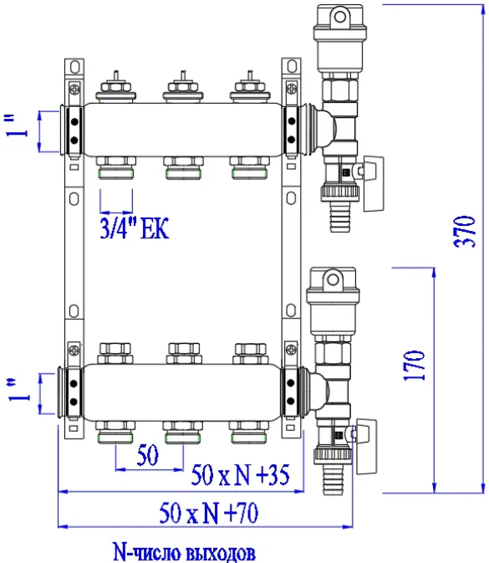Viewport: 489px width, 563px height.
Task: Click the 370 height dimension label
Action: pyautogui.click(x=465, y=232)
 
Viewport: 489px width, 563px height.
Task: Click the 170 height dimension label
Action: pyautogui.click(x=414, y=366)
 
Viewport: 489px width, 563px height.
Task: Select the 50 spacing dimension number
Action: pyautogui.click(x=147, y=455)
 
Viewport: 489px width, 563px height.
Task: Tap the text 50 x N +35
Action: pyautogui.click(x=240, y=474)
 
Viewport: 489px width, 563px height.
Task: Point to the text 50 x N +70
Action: pyautogui.click(x=208, y=513)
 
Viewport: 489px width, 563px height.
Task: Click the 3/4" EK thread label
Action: pyautogui.click(x=135, y=228)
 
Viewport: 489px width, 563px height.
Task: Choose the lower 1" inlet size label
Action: pyautogui.click(x=18, y=390)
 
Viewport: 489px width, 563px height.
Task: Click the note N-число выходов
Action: pyautogui.click(x=184, y=551)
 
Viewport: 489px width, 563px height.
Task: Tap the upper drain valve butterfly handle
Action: pyautogui.click(x=374, y=183)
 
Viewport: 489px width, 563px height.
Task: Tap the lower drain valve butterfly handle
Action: pyautogui.click(x=367, y=447)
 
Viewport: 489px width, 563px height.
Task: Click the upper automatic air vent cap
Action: pyautogui.click(x=339, y=23)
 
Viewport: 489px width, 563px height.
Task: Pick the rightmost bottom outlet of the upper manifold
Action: pyautogui.click(x=249, y=167)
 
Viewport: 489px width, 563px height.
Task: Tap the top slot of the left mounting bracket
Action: pyautogui.click(x=74, y=67)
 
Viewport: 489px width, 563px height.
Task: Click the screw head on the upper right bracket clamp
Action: pyautogui.click(x=292, y=88)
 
